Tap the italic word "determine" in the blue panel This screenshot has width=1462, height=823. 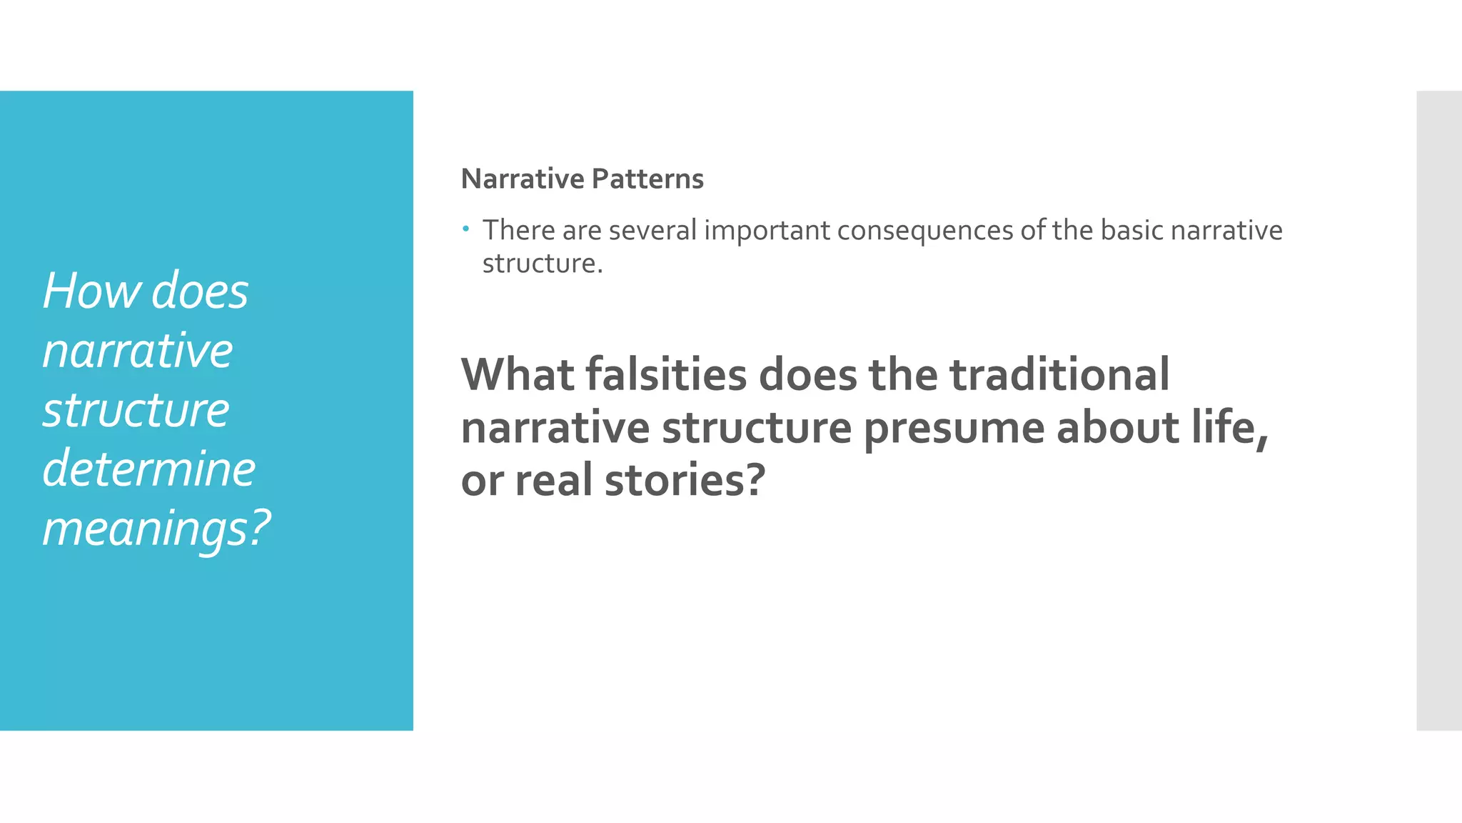pyautogui.click(x=148, y=469)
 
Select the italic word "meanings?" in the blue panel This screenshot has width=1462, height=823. pyautogui.click(x=156, y=529)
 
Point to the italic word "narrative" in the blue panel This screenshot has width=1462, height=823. pyautogui.click(x=138, y=351)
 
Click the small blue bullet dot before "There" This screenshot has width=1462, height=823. pyautogui.click(x=465, y=229)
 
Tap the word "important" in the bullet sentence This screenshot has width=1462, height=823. pyautogui.click(x=767, y=231)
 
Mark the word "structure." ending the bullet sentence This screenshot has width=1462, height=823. pyautogui.click(x=543, y=264)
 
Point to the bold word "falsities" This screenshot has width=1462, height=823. pyautogui.click(x=666, y=374)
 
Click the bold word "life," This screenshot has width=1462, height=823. pyautogui.click(x=1229, y=428)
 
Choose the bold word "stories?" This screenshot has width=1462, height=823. pyautogui.click(x=685, y=480)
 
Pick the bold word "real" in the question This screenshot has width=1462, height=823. pyautogui.click(x=553, y=480)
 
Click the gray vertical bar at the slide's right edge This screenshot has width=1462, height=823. pyautogui.click(x=1438, y=411)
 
